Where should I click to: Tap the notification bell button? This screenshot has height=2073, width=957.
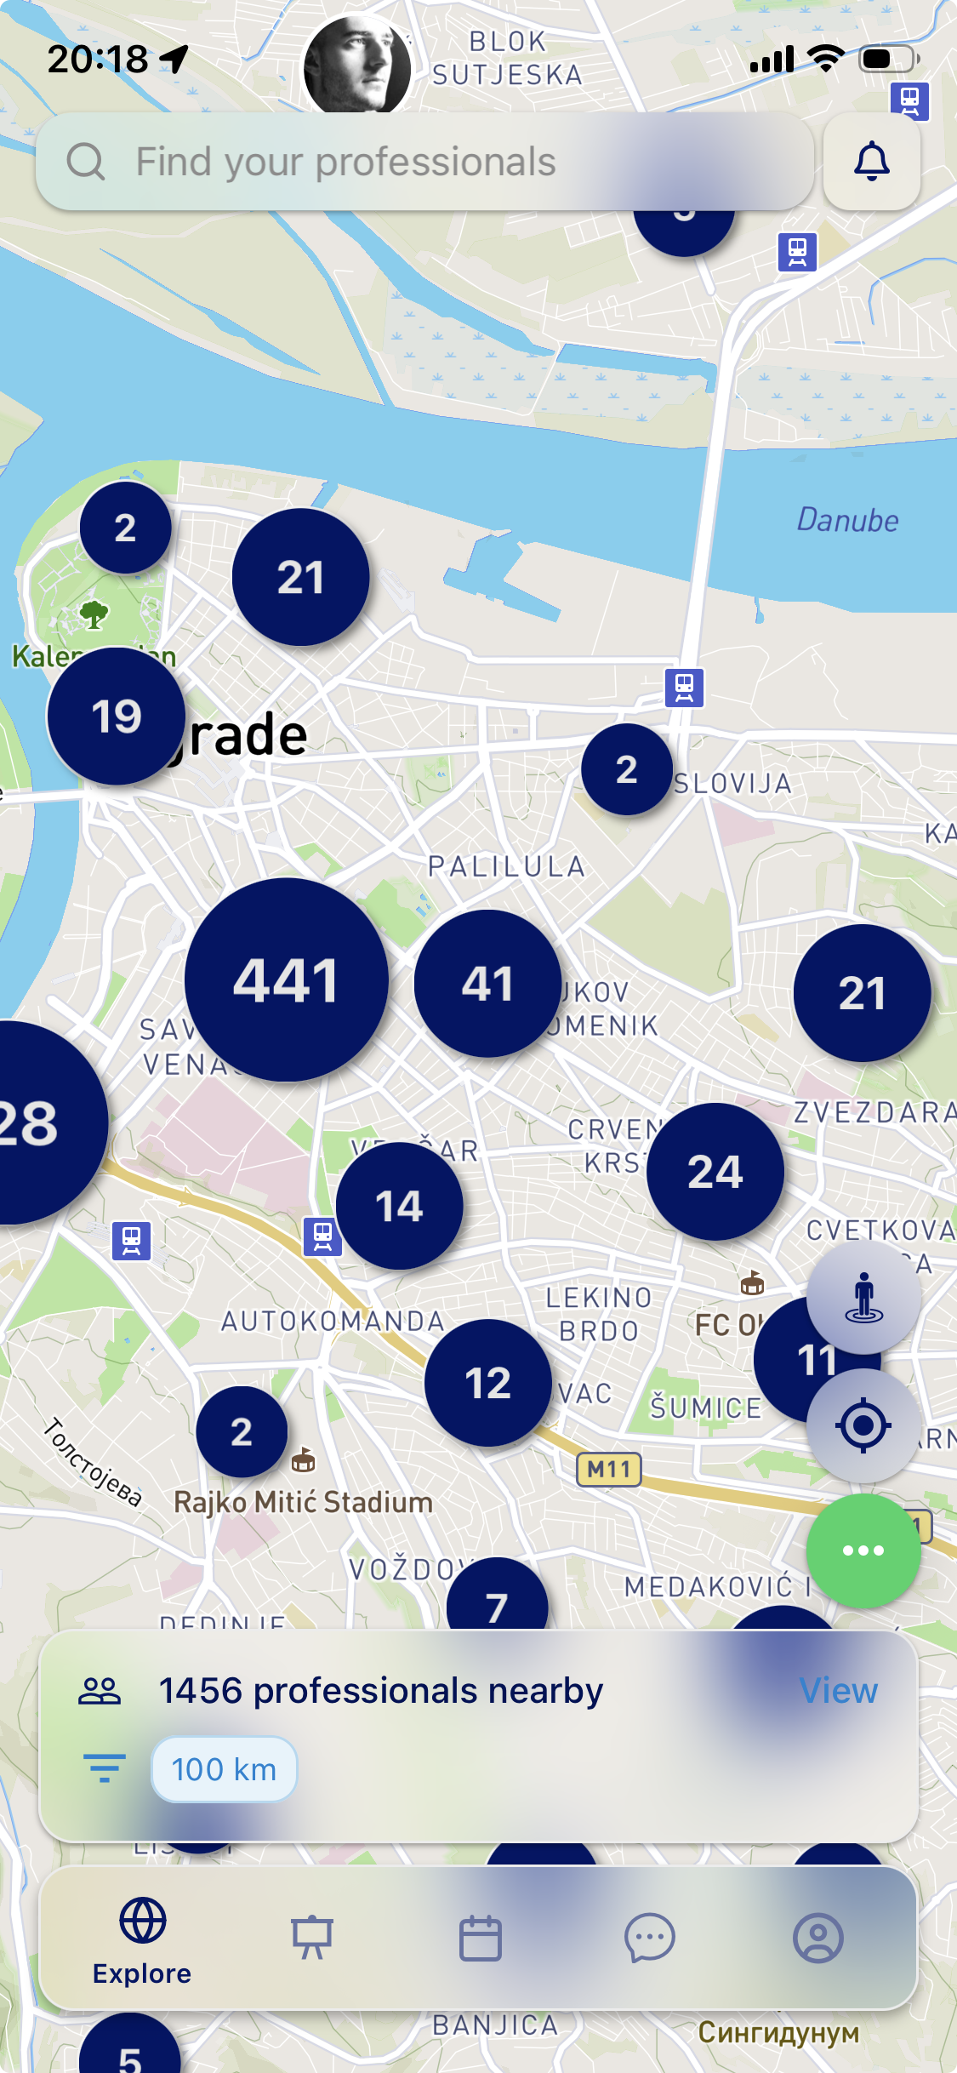[x=871, y=162]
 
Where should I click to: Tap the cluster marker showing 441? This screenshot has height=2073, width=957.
[x=287, y=979]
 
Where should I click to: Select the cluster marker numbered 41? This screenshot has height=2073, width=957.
[x=487, y=984]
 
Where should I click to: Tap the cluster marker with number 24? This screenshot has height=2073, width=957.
[x=715, y=1171]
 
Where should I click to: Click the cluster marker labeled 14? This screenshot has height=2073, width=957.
[x=399, y=1206]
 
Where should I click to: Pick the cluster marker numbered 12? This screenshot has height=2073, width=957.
[x=487, y=1383]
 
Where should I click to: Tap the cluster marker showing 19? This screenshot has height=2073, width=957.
[x=117, y=716]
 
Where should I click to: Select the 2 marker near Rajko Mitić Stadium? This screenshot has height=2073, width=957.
[x=242, y=1432]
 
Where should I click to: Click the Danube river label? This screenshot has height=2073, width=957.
[x=847, y=520]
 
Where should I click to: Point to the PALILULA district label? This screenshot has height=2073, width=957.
[x=507, y=866]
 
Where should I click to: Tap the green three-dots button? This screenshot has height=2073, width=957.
[x=863, y=1550]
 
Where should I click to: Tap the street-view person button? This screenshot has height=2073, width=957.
[x=863, y=1297]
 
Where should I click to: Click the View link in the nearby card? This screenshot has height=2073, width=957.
[x=838, y=1691]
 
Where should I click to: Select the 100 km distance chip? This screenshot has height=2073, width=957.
[x=224, y=1770]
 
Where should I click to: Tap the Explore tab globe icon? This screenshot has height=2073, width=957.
[x=142, y=1921]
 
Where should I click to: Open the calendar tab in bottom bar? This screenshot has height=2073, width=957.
[x=481, y=1939]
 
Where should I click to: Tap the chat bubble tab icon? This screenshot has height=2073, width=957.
[x=649, y=1939]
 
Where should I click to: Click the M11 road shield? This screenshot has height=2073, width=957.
[x=609, y=1470]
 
